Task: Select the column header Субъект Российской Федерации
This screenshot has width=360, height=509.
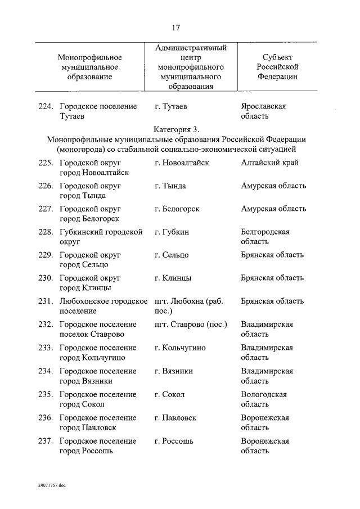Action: tap(277, 67)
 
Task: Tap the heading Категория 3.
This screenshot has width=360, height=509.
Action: tap(176, 129)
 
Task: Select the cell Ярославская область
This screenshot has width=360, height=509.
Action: tap(264, 111)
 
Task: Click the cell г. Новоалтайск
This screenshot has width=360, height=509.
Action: tap(181, 163)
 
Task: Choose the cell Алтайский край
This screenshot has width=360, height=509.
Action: tap(269, 163)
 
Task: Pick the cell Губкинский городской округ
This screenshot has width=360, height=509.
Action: tap(101, 237)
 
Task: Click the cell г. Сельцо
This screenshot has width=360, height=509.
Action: tap(171, 255)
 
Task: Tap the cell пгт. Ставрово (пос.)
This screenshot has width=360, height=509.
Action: tap(190, 325)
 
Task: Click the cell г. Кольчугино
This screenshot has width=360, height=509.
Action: tap(179, 348)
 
